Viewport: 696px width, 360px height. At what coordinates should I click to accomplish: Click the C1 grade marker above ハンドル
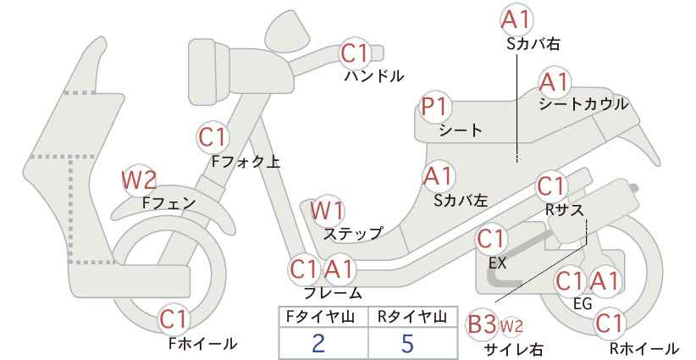(x=354, y=53)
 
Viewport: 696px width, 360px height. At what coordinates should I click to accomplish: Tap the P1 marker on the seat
(x=434, y=107)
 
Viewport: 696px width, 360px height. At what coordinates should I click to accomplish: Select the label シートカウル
(x=583, y=104)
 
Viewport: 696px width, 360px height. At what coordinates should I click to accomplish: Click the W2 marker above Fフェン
(x=139, y=180)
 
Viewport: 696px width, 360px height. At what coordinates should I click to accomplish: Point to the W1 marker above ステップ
(x=327, y=211)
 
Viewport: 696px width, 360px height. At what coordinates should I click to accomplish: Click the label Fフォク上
(x=246, y=162)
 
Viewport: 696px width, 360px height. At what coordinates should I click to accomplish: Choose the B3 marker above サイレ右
(x=483, y=325)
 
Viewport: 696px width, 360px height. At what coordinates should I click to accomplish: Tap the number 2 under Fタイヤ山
(x=318, y=343)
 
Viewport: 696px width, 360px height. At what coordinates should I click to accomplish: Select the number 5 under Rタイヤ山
(x=407, y=343)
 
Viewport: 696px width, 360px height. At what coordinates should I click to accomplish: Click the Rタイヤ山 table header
(x=412, y=317)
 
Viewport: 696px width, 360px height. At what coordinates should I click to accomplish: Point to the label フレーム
(x=333, y=293)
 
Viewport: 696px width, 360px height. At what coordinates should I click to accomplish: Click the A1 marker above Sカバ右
(x=516, y=20)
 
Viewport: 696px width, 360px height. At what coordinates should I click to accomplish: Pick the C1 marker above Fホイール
(x=175, y=319)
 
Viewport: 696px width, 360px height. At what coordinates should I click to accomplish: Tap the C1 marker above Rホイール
(x=609, y=324)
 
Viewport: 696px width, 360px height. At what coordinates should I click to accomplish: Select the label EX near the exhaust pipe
(x=497, y=263)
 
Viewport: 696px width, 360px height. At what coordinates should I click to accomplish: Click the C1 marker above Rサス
(x=551, y=187)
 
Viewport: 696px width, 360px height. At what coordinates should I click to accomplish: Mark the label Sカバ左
(x=461, y=201)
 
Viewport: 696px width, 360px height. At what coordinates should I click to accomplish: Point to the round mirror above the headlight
(x=289, y=26)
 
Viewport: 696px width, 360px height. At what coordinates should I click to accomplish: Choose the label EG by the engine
(x=583, y=304)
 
